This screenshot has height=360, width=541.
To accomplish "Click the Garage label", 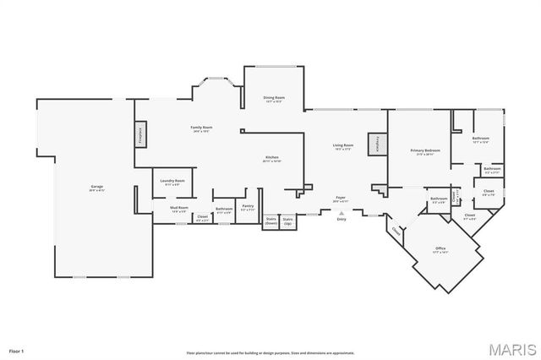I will click(97, 187).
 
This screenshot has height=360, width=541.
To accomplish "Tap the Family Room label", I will click(200, 128).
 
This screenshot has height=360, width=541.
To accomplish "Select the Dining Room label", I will click(274, 99).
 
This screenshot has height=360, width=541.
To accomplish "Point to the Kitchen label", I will click(272, 158).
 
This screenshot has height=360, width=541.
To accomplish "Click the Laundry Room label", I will click(174, 183).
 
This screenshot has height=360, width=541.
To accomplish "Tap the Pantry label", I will click(248, 206).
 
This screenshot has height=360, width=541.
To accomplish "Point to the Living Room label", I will click(342, 147).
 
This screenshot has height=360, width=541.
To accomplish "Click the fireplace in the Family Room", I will click(139, 135).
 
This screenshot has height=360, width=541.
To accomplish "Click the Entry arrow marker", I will click(342, 215).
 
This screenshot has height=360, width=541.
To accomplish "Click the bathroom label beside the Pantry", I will click(224, 210).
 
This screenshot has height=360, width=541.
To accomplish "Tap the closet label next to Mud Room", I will click(202, 217).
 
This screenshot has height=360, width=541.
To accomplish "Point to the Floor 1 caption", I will click(17, 349).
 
